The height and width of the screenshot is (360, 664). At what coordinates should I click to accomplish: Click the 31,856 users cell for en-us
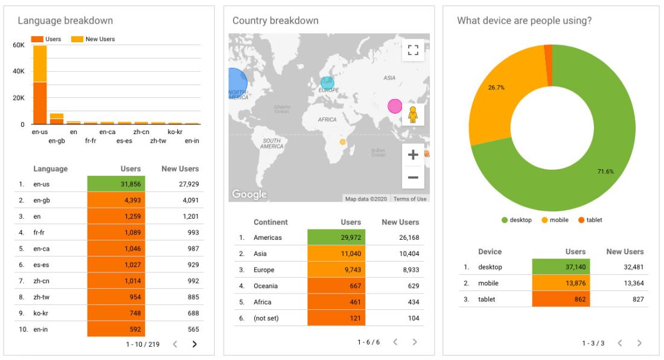pos(116,184)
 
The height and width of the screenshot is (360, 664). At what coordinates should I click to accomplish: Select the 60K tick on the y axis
pos(19,45)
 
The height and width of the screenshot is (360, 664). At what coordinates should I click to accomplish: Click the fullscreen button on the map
pos(413,50)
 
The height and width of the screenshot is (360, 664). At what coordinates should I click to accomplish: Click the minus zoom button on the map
pos(413,178)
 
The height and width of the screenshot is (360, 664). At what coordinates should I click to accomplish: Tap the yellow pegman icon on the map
pos(413,114)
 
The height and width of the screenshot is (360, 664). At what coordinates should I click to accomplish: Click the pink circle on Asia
pos(395,106)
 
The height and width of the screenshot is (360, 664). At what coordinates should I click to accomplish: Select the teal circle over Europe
pos(327,83)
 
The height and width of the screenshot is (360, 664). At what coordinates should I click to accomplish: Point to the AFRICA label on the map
pos(327,120)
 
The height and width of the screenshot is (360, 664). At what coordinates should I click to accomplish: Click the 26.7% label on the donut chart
pos(496,88)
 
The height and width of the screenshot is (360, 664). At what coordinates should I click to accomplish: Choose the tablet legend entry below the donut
pos(590,220)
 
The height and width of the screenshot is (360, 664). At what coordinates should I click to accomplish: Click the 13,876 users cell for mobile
pos(561,283)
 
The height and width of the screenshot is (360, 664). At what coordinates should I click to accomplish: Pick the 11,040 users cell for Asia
pos(336,254)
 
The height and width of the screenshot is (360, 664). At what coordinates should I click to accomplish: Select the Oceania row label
pos(266,286)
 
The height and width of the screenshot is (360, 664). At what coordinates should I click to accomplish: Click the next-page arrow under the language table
pos(194,344)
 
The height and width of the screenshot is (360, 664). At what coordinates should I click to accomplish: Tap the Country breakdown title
pos(275,21)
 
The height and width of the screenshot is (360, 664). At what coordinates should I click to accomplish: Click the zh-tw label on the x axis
pos(158,141)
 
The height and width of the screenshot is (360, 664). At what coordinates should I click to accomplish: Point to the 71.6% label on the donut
pos(605,172)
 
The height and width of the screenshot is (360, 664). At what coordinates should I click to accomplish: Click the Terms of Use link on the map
pos(410,199)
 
